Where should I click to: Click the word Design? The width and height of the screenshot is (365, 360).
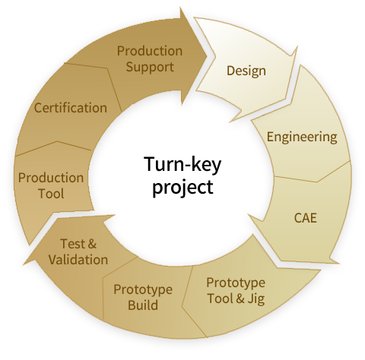[246, 71]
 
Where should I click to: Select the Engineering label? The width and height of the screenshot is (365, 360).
[302, 137]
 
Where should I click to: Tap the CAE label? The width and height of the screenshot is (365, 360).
[305, 218]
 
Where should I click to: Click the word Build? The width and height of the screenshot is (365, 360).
[143, 305]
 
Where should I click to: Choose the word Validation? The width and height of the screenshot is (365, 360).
[78, 260]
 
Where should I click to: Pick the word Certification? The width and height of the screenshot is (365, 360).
[71, 108]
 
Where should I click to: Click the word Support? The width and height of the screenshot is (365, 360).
[150, 68]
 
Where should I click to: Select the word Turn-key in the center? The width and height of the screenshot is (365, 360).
[182, 164]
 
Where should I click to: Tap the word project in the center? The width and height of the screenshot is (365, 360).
[182, 188]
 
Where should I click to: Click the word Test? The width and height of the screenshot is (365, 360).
[72, 244]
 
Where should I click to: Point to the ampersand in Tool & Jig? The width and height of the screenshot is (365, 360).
[240, 298]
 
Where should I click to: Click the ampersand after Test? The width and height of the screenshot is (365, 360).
[92, 244]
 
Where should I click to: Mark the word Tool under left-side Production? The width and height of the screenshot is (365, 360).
[51, 194]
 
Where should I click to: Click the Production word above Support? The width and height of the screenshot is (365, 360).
[150, 51]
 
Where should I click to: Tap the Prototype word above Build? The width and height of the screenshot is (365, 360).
[143, 290]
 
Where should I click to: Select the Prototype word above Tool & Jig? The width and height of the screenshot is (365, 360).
[236, 283]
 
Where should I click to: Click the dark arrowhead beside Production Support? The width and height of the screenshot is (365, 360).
[195, 55]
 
